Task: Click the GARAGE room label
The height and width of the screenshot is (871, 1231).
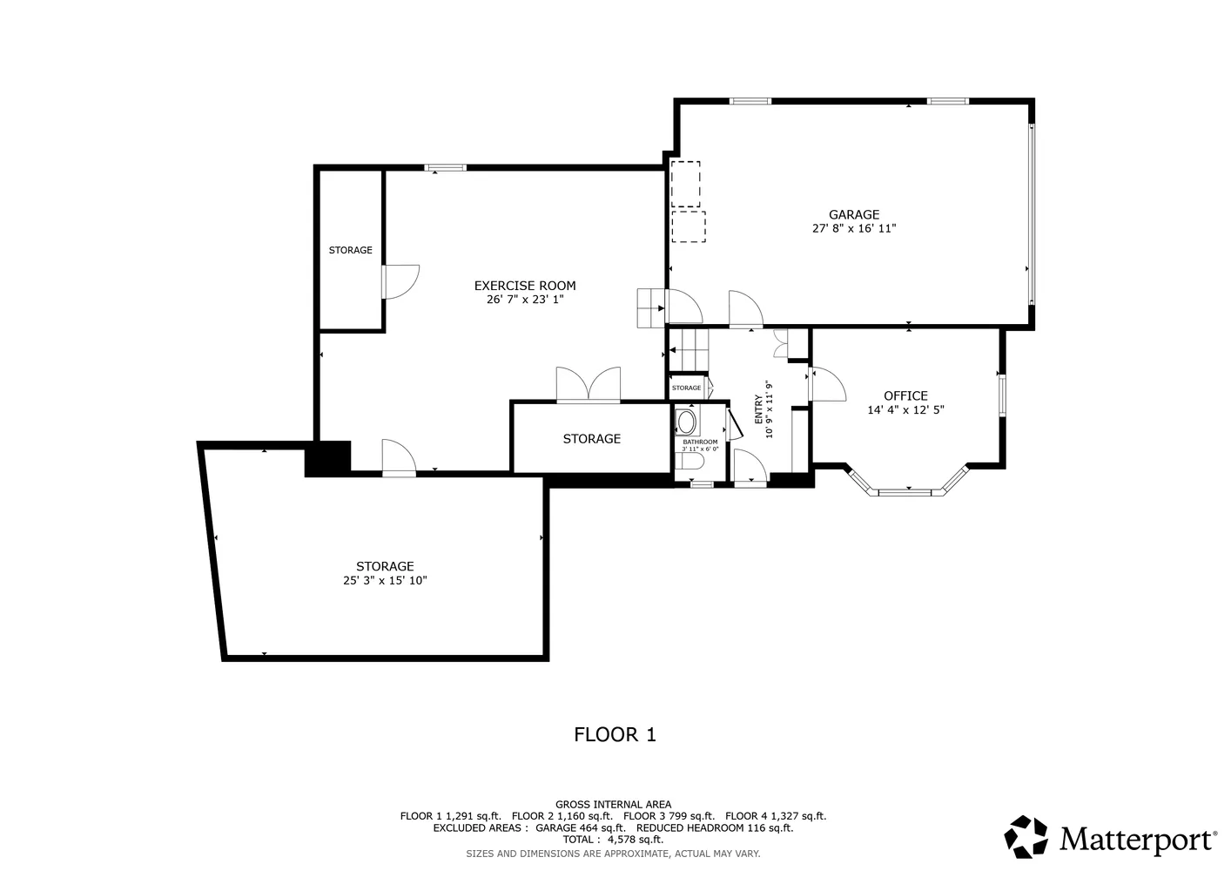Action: tap(853, 214)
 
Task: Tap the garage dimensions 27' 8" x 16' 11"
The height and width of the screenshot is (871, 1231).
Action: tap(853, 229)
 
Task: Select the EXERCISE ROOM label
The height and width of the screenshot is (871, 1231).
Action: tap(525, 286)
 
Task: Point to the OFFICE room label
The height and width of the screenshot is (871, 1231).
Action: tap(905, 395)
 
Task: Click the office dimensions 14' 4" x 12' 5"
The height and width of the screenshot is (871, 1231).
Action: tap(905, 410)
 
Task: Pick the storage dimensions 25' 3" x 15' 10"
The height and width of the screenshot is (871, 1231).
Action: tap(385, 581)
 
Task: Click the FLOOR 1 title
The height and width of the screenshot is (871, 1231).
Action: tap(615, 734)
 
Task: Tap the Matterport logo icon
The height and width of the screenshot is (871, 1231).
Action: tap(1026, 837)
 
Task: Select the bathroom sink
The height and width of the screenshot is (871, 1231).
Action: tap(687, 423)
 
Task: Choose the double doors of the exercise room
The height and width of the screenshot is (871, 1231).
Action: tap(589, 385)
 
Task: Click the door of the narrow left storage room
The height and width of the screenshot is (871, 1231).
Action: tap(400, 281)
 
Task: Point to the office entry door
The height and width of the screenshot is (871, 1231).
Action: tap(827, 384)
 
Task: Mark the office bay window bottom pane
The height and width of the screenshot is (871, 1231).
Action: tap(905, 492)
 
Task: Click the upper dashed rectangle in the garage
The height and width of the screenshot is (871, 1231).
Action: tap(686, 184)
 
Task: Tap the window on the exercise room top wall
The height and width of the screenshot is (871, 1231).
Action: tap(445, 167)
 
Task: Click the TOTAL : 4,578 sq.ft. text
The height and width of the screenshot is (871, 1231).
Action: tap(613, 840)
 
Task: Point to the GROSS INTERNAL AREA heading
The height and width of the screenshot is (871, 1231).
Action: tap(613, 804)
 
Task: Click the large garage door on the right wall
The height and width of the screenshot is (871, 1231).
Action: tap(1032, 213)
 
